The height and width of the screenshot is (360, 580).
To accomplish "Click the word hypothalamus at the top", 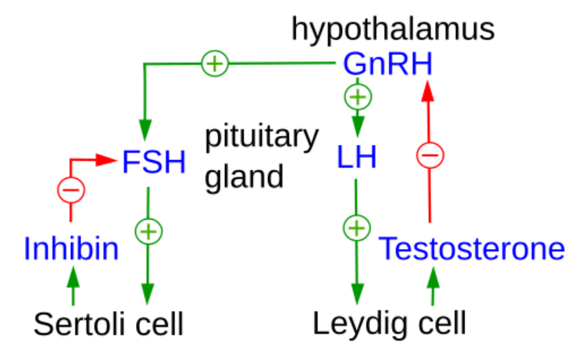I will [x=393, y=30].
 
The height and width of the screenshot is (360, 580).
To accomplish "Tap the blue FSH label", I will [x=153, y=161].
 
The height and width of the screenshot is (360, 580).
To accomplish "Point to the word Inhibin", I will [x=71, y=248].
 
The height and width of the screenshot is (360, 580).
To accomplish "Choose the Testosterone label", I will [x=472, y=248].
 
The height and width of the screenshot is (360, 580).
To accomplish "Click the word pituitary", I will [x=261, y=138].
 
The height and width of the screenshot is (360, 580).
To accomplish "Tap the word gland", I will [x=245, y=177].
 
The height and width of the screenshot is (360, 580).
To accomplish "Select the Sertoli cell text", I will [x=109, y=325].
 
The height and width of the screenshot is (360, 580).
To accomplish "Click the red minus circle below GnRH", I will [x=430, y=156].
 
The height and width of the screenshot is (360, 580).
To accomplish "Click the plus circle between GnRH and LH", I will [x=357, y=97].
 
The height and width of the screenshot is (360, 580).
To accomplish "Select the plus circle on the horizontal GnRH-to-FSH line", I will [x=215, y=64].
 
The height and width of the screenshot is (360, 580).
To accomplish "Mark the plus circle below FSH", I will [x=148, y=230].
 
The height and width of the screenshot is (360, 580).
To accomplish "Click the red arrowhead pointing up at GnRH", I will [x=429, y=89].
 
